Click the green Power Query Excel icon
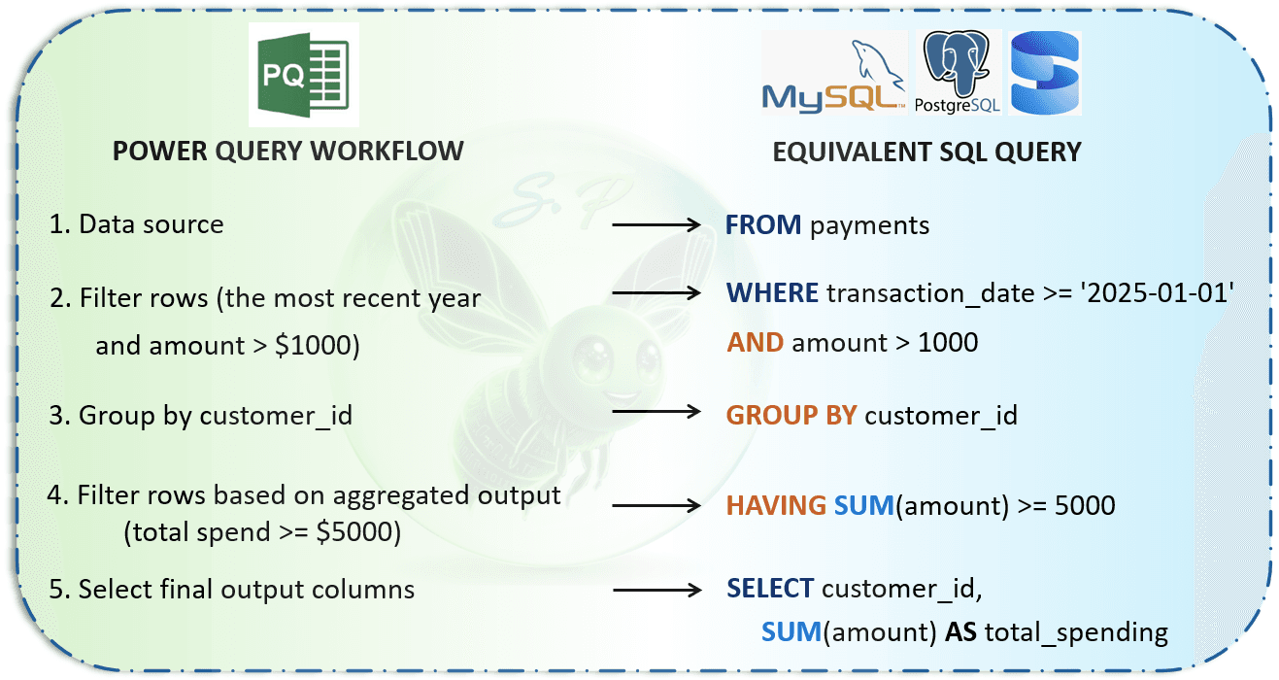pyautogui.click(x=303, y=74)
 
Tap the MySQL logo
pyautogui.click(x=834, y=74)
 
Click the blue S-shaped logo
pyautogui.click(x=1044, y=73)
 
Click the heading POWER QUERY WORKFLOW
pyautogui.click(x=287, y=152)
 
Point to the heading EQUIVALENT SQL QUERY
pyautogui.click(x=926, y=153)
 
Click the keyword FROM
pyautogui.click(x=762, y=225)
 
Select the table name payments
pyautogui.click(x=869, y=226)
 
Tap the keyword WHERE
pyautogui.click(x=772, y=293)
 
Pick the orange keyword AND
pyautogui.click(x=755, y=343)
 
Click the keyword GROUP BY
pyautogui.click(x=791, y=415)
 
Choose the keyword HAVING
pyautogui.click(x=776, y=505)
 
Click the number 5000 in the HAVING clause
pyautogui.click(x=1085, y=505)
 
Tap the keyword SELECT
pyautogui.click(x=770, y=588)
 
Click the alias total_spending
pyautogui.click(x=1076, y=633)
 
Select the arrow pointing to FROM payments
pyautogui.click(x=656, y=224)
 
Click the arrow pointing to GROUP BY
pyautogui.click(x=656, y=411)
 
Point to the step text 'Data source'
pyautogui.click(x=151, y=223)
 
